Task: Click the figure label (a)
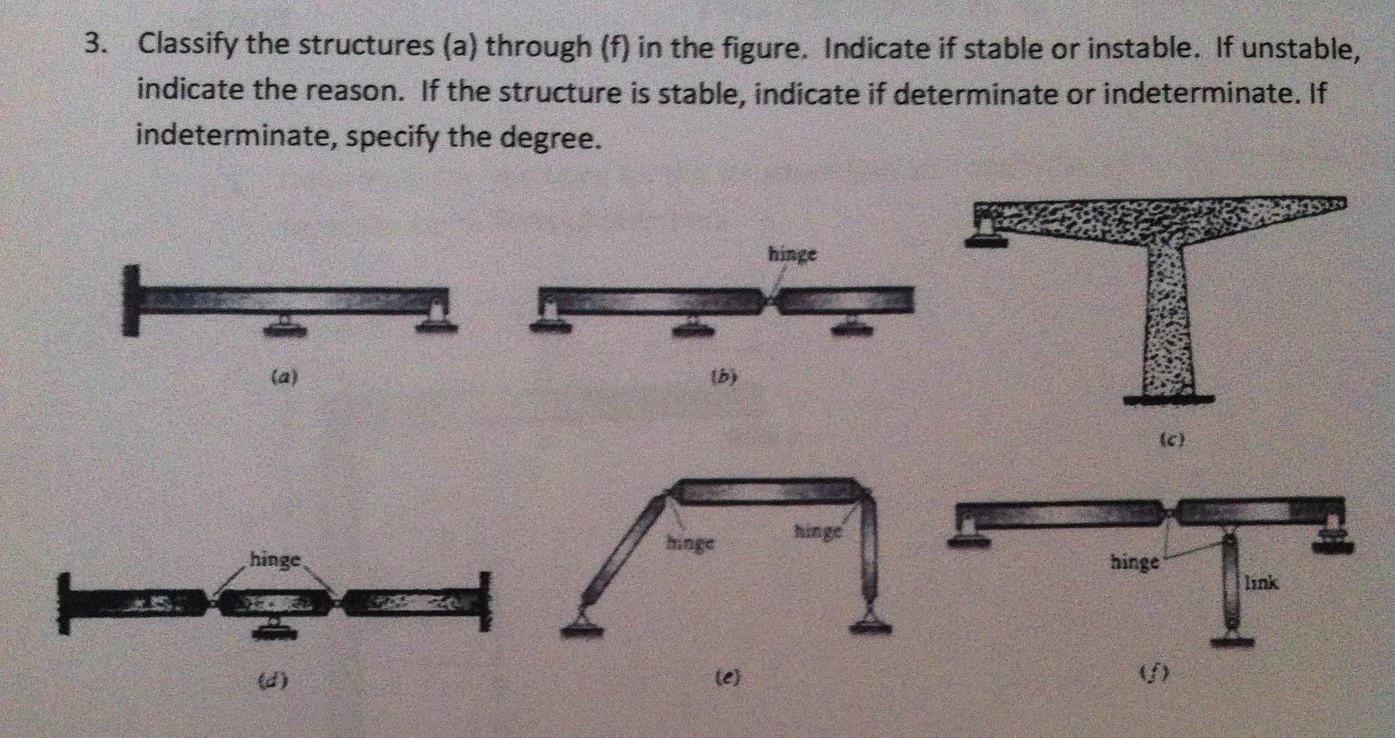tap(285, 375)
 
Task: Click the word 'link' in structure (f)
tap(1262, 582)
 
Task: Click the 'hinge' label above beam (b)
tap(793, 254)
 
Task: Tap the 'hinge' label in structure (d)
tap(275, 559)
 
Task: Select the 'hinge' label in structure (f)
tap(1134, 561)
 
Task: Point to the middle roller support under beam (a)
tap(285, 326)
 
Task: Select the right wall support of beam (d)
tap(485, 600)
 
